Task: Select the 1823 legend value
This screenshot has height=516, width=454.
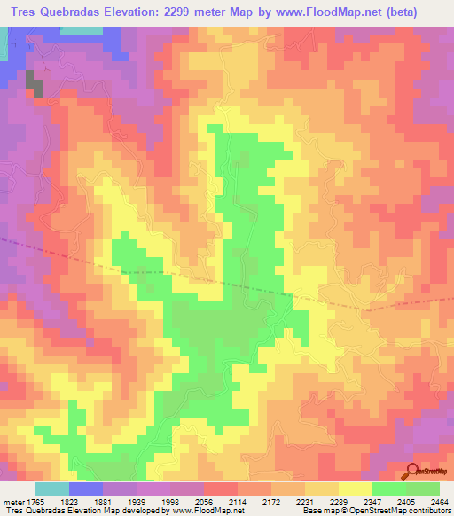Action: coord(86,501)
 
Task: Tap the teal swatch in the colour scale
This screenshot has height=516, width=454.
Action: coord(51,489)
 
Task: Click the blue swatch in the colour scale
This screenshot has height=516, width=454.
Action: coord(86,489)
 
